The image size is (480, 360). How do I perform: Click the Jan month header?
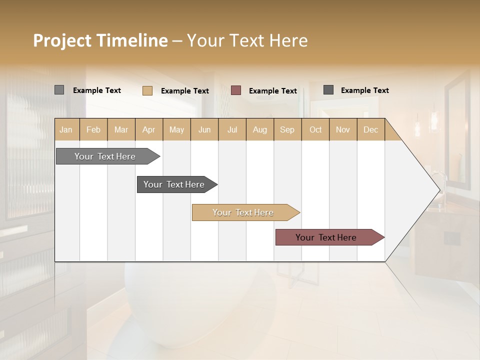(66, 129)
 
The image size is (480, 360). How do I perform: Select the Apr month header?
(149, 129)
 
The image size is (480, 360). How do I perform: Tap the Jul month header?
(232, 129)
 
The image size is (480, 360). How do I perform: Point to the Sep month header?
(287, 129)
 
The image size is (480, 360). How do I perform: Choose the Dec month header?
(370, 129)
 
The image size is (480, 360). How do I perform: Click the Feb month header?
(93, 129)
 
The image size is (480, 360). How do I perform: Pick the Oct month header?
(315, 129)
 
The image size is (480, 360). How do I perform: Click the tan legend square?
(147, 90)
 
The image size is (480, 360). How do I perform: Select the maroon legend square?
(236, 90)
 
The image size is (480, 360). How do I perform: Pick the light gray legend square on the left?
(59, 90)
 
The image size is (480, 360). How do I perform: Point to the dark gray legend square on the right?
(328, 90)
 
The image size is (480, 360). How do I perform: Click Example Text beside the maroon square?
(272, 91)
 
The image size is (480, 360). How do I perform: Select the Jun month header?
(204, 129)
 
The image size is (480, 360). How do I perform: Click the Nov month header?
(343, 129)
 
